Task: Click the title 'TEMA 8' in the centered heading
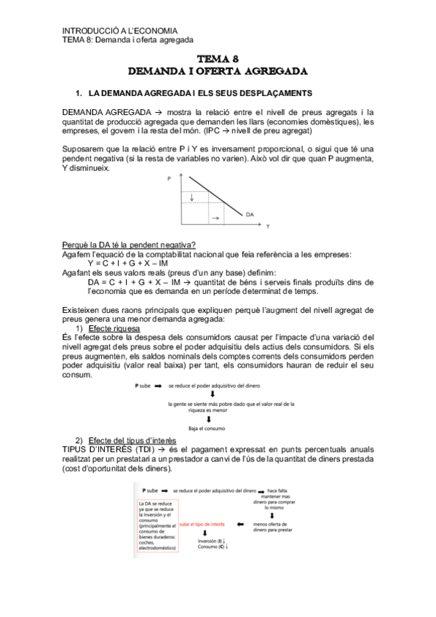[x=218, y=59]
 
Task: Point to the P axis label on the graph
[x=170, y=178]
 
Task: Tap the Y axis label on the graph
[x=267, y=226]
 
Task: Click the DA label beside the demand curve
[x=250, y=215]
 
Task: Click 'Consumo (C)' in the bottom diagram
[x=212, y=547]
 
